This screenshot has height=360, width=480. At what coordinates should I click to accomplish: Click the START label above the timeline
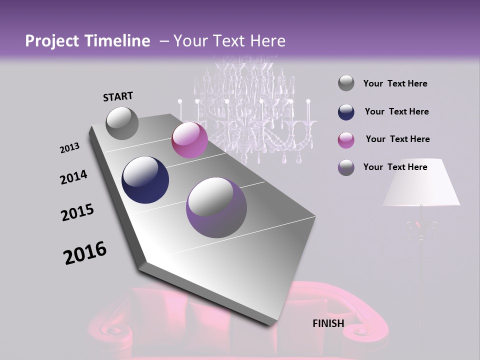click(x=118, y=96)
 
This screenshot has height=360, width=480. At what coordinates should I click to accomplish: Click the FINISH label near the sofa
click(x=328, y=323)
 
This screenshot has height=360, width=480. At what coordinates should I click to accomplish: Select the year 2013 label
click(x=69, y=148)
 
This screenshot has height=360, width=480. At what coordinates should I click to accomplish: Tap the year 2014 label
click(x=73, y=177)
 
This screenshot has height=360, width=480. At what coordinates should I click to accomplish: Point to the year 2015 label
click(x=77, y=213)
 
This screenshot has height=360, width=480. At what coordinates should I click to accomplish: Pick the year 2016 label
click(x=85, y=253)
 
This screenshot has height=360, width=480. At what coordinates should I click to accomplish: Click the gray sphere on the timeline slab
click(x=122, y=123)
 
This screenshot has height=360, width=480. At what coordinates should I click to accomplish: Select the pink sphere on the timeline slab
click(x=189, y=140)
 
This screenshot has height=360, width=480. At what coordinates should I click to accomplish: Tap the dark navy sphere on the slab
click(x=145, y=180)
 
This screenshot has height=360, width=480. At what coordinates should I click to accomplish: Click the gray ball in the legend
click(x=346, y=83)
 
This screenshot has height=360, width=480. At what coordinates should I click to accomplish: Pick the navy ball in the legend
click(x=346, y=112)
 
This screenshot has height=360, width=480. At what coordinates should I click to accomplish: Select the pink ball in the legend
click(x=346, y=140)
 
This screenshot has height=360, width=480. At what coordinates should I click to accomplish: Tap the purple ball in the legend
click(x=346, y=167)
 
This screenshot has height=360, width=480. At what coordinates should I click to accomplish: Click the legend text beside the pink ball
click(x=397, y=139)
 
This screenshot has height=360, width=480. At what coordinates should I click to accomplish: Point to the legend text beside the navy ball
click(x=396, y=111)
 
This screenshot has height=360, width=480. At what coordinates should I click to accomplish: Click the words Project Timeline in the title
click(x=87, y=41)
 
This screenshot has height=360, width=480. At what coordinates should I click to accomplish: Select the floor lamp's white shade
click(x=421, y=183)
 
